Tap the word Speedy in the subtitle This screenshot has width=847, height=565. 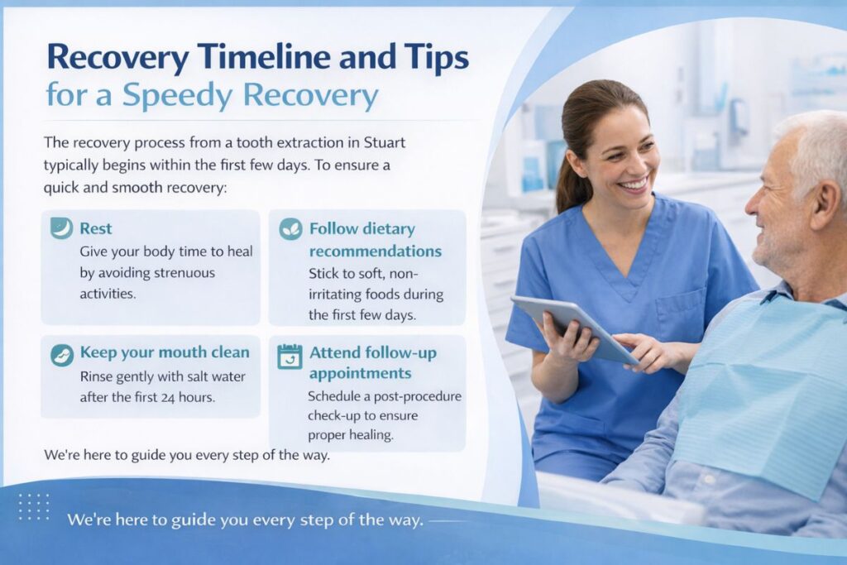179,96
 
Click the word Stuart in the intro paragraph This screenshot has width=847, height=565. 384,142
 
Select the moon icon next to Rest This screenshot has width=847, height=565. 61,228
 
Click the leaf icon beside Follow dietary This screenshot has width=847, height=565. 290,229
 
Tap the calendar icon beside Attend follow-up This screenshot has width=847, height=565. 290,357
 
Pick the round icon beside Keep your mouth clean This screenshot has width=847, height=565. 62,356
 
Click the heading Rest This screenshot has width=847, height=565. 96,228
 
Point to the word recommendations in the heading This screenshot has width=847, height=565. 376,251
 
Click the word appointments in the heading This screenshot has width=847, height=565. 361,373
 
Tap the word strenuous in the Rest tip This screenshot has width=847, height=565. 184,273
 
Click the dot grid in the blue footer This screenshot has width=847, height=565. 34,506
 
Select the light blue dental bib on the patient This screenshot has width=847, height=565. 766,389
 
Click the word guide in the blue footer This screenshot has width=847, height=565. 191,520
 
